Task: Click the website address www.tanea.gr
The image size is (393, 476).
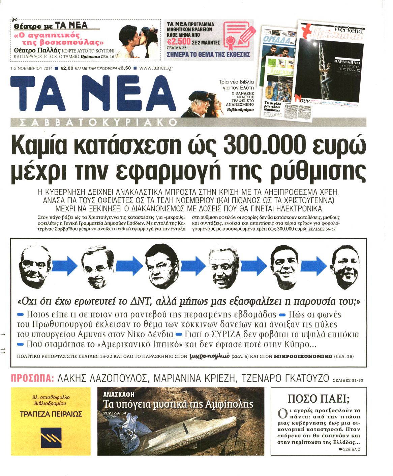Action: tap(156, 68)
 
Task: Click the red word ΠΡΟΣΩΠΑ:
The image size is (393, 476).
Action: tap(32, 378)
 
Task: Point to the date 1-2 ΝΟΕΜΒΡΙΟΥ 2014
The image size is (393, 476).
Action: tap(31, 68)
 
